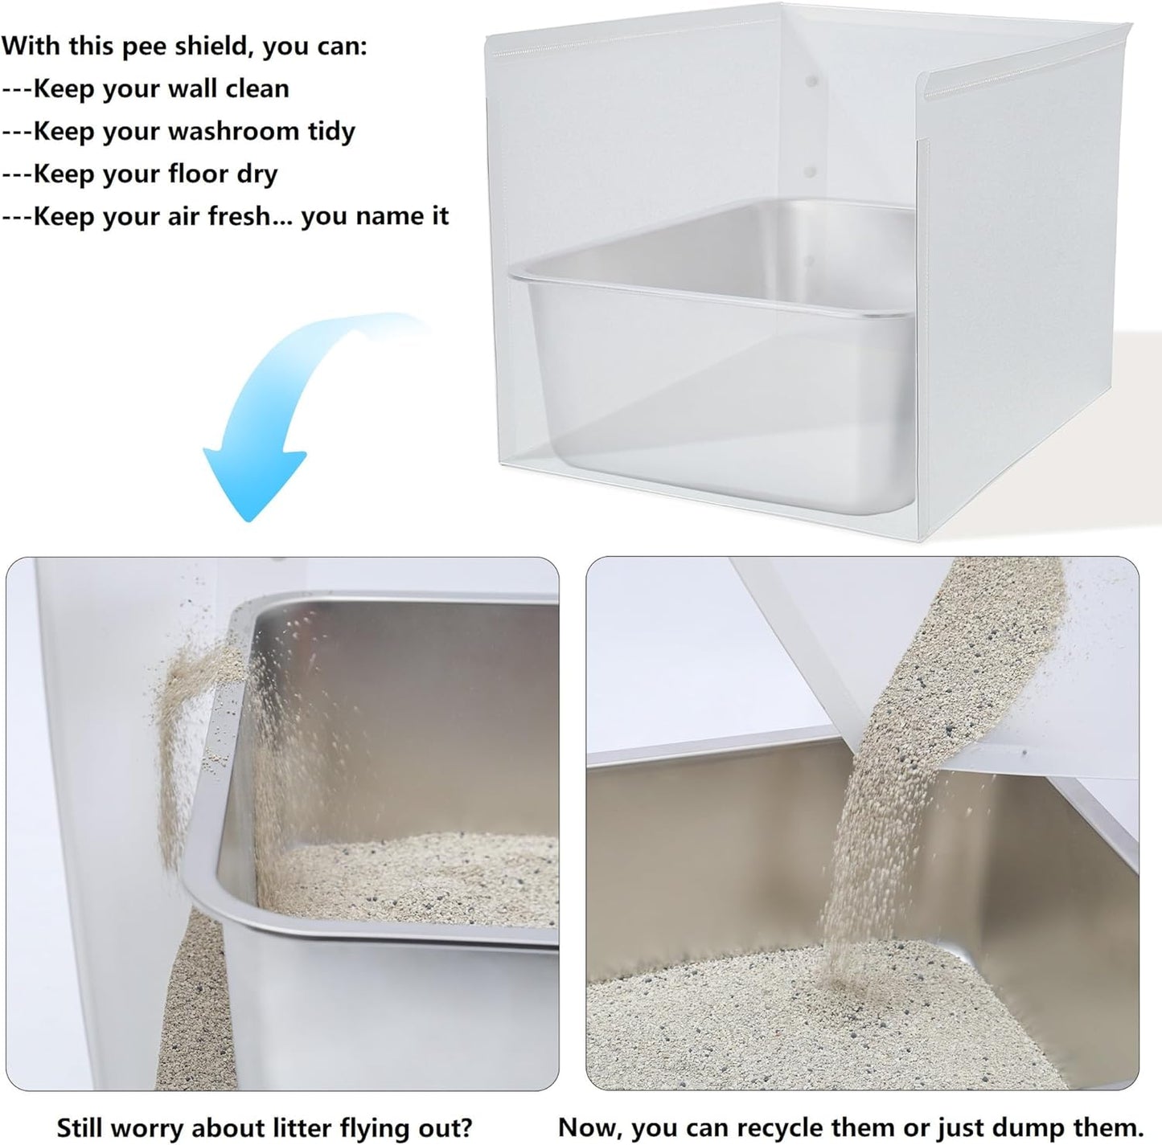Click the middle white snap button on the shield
tap(811, 172)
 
